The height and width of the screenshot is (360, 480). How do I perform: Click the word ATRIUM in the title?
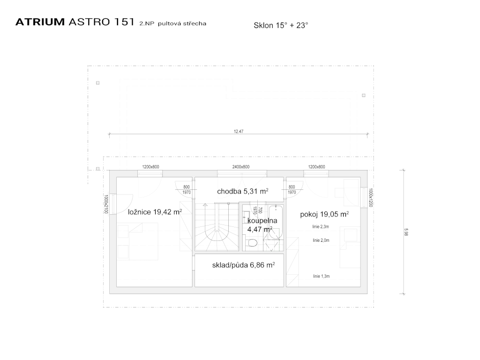click(x=40, y=22)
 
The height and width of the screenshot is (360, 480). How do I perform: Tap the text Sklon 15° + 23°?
click(x=281, y=25)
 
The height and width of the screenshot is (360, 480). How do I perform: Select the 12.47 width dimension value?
click(x=239, y=131)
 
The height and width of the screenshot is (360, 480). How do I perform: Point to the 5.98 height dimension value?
click(x=406, y=232)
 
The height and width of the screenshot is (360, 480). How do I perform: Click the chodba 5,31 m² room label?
click(x=243, y=191)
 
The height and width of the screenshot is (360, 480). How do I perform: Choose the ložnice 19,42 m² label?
click(x=155, y=212)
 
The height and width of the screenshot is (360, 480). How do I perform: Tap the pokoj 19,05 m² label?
click(x=324, y=214)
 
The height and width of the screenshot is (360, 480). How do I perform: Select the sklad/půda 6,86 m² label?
click(x=243, y=265)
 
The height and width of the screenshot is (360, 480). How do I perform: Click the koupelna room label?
click(x=262, y=221)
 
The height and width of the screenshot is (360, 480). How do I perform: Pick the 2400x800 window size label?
click(x=241, y=167)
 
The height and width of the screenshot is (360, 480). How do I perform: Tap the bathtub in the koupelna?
click(x=276, y=222)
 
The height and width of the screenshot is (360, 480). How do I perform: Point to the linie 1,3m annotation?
click(x=321, y=276)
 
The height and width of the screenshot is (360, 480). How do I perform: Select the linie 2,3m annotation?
click(x=321, y=227)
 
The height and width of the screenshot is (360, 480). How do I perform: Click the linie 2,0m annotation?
click(x=321, y=240)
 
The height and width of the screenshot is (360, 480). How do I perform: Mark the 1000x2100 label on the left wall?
click(x=106, y=204)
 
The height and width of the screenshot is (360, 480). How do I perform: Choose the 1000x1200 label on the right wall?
click(x=371, y=197)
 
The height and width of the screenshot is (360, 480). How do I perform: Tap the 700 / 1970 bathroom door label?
click(x=257, y=210)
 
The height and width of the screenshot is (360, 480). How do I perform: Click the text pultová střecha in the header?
click(x=182, y=23)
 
